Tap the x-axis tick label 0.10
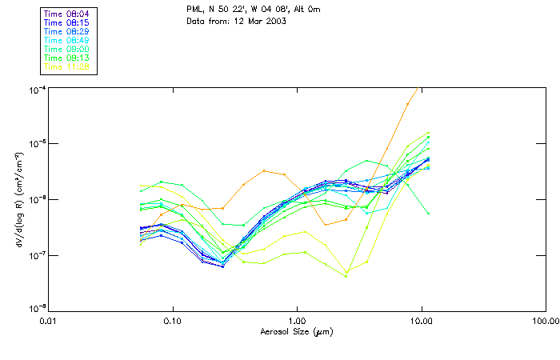(x=173, y=320)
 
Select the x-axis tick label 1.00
(x=297, y=320)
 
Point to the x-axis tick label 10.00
(x=422, y=320)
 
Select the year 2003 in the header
(x=274, y=21)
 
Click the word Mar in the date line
(x=251, y=21)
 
